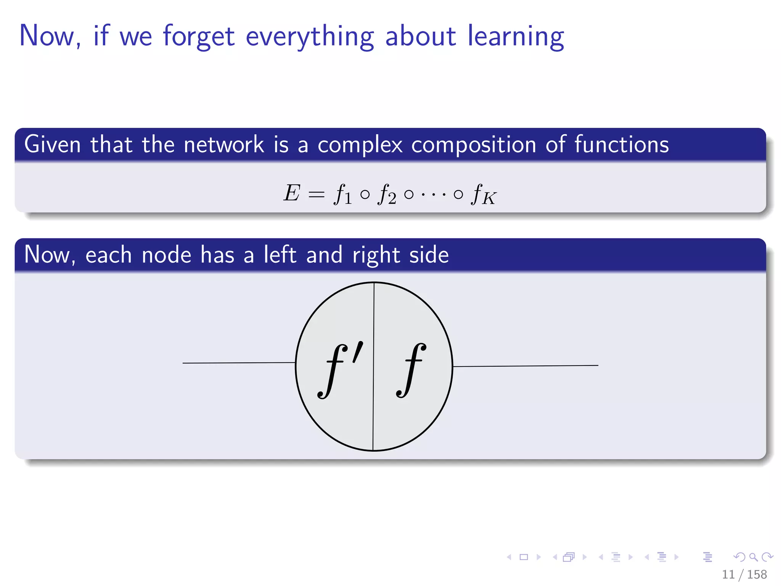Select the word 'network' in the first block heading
pyautogui.click(x=223, y=145)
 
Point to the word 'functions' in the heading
pyautogui.click(x=621, y=145)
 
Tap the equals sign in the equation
pyautogui.click(x=316, y=195)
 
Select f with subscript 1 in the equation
pyautogui.click(x=342, y=195)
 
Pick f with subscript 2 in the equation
pyautogui.click(x=386, y=195)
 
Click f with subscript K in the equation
pyautogui.click(x=483, y=195)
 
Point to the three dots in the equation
pyautogui.click(x=433, y=195)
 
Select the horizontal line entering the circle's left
pyautogui.click(x=238, y=363)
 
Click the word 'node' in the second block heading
pyautogui.click(x=166, y=255)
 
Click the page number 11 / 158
pyautogui.click(x=744, y=574)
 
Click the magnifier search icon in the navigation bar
pyautogui.click(x=753, y=557)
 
